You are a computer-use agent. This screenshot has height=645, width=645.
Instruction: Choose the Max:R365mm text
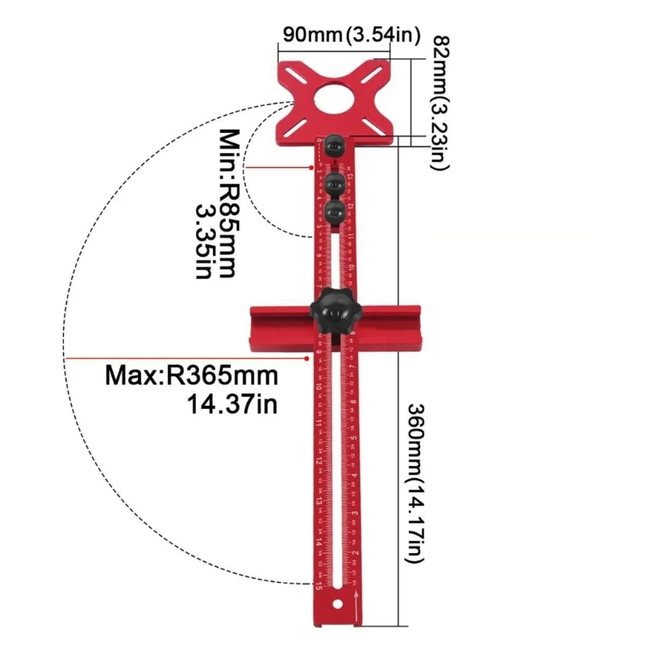pyautogui.click(x=191, y=376)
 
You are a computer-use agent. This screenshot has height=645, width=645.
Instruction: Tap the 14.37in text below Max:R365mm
pyautogui.click(x=232, y=403)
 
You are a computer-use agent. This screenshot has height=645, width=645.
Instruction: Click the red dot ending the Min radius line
pyautogui.click(x=313, y=168)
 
